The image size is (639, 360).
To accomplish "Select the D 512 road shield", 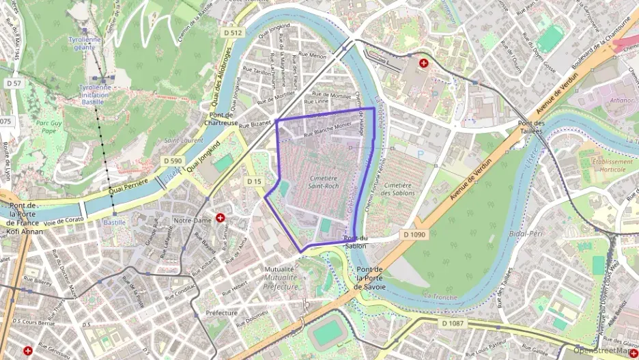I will click(233, 32).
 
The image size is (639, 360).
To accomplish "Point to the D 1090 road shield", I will click(414, 234).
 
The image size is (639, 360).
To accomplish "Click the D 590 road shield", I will click(173, 160).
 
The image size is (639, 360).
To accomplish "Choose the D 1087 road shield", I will click(453, 322).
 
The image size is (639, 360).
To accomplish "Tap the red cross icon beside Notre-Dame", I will click(221, 218).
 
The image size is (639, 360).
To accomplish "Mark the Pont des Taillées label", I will click(529, 128).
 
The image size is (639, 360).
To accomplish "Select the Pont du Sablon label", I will click(356, 242).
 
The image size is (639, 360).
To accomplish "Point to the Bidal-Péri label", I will click(526, 234).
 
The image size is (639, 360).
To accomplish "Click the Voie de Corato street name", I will click(63, 221).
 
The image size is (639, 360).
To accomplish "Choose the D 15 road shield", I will click(254, 181).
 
